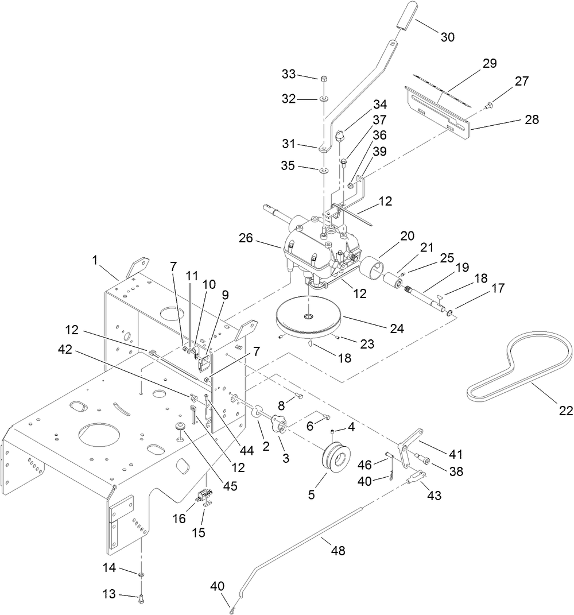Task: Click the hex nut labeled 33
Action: click(x=323, y=79)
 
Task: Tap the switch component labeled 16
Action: click(x=205, y=494)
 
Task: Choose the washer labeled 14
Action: click(x=141, y=574)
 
